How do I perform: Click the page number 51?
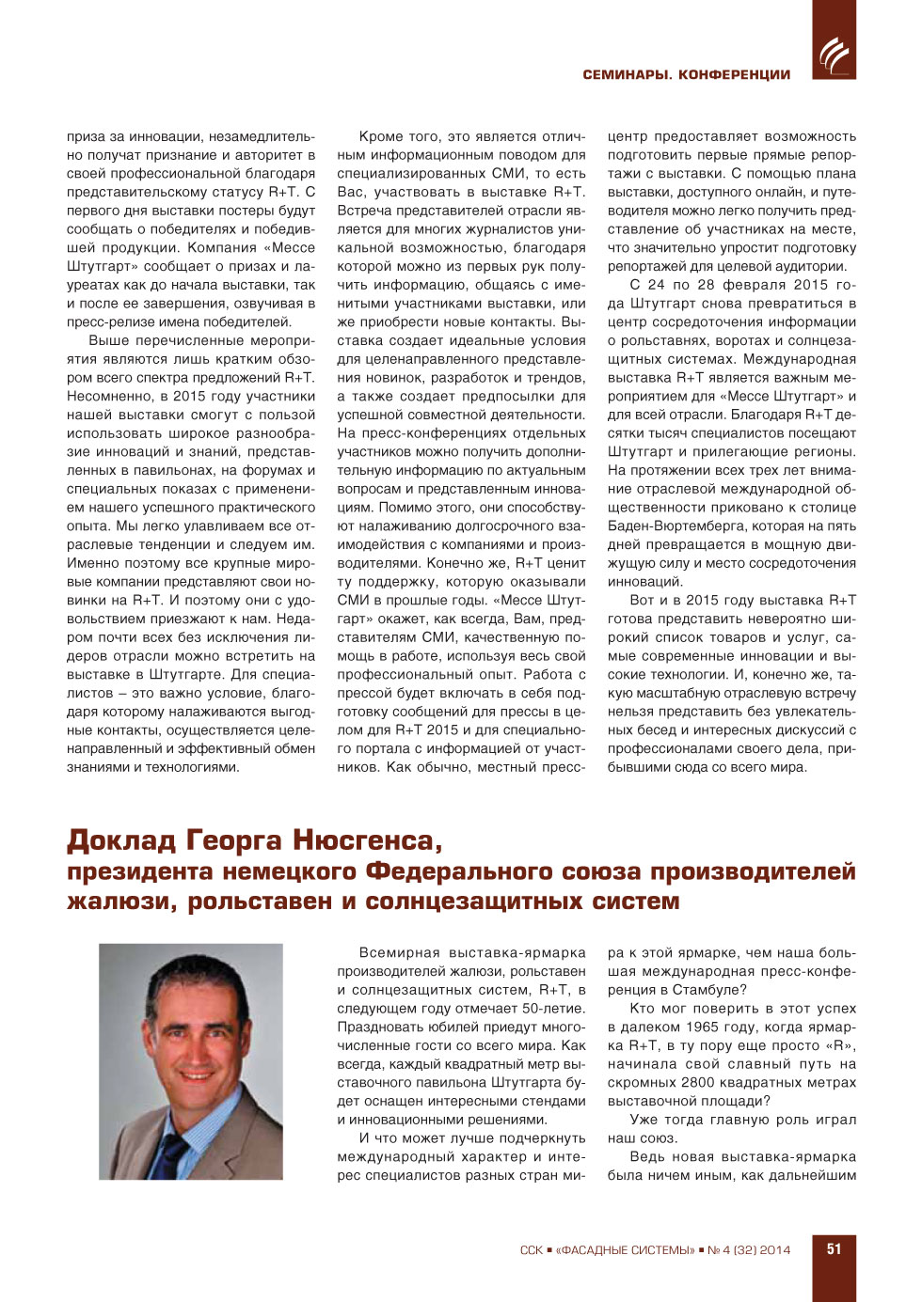[x=834, y=1249]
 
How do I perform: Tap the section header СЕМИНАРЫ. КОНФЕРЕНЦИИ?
[x=686, y=75]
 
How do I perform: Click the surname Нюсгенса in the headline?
[x=366, y=839]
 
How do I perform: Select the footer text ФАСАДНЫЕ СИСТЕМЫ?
[x=626, y=1250]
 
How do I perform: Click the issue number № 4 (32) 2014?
[x=749, y=1250]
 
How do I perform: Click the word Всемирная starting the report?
[x=399, y=953]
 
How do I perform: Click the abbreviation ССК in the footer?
[x=531, y=1250]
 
